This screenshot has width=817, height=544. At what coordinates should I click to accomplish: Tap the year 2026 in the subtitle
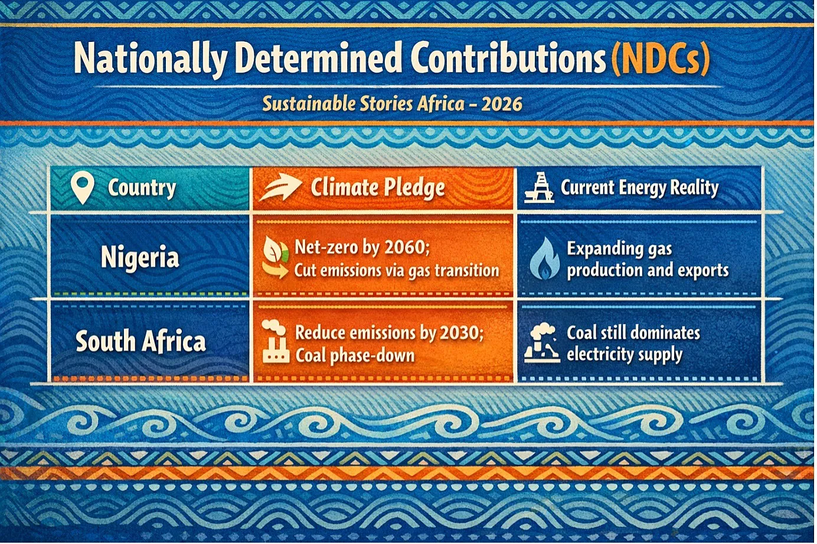point(502,104)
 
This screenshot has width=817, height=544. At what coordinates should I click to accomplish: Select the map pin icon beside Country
point(83,188)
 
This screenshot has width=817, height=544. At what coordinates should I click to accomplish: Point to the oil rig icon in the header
point(539,188)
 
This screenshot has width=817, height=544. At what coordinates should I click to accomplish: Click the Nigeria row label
point(140,257)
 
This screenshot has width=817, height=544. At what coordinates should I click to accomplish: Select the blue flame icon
point(544,258)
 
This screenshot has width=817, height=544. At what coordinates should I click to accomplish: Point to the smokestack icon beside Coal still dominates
point(542,343)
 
